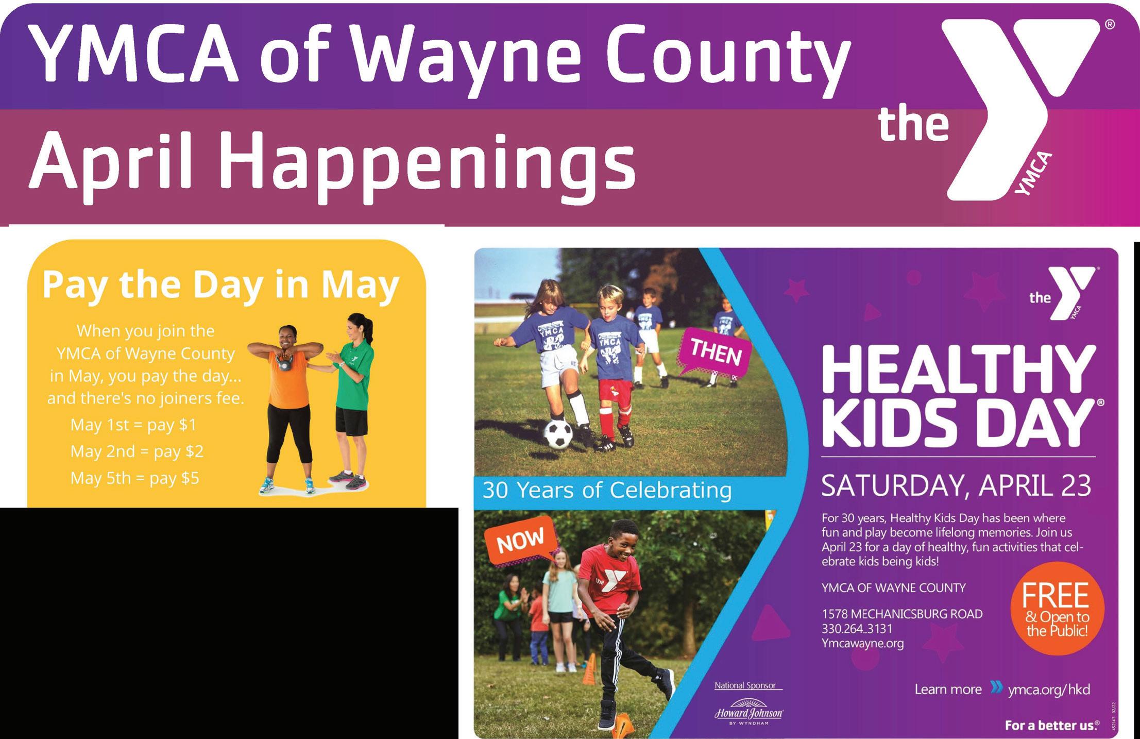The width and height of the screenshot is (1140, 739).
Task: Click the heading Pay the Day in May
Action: (221, 285)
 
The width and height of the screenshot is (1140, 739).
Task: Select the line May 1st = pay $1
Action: (133, 425)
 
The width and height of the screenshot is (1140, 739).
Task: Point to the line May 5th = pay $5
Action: (134, 478)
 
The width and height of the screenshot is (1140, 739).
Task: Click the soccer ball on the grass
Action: (558, 434)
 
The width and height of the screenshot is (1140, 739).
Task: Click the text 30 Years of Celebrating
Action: (607, 490)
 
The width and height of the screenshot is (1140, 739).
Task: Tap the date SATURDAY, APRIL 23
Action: (956, 485)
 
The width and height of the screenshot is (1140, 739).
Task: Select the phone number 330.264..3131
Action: (857, 629)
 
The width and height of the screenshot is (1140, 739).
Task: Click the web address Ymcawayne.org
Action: (863, 644)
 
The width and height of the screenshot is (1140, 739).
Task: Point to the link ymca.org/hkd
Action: (1049, 690)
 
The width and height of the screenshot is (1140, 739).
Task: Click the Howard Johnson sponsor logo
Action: (748, 712)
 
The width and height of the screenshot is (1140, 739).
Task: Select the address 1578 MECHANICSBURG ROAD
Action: (902, 614)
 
